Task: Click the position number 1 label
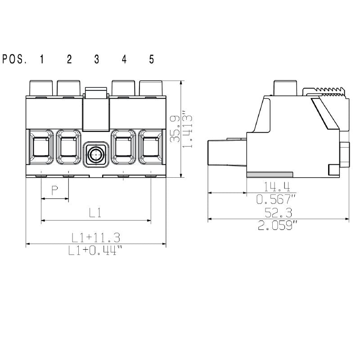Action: point(41,59)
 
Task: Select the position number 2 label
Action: point(69,59)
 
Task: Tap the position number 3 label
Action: point(97,59)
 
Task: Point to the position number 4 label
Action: point(124,59)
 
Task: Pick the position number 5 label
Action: point(152,59)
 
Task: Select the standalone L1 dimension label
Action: point(95,213)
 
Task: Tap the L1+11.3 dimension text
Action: point(96,237)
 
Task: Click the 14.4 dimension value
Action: point(277,186)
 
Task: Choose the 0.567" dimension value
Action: point(277,200)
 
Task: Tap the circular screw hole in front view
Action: point(96,155)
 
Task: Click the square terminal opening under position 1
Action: point(41,148)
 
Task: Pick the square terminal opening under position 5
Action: point(151,148)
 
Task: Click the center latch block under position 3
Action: point(96,108)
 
